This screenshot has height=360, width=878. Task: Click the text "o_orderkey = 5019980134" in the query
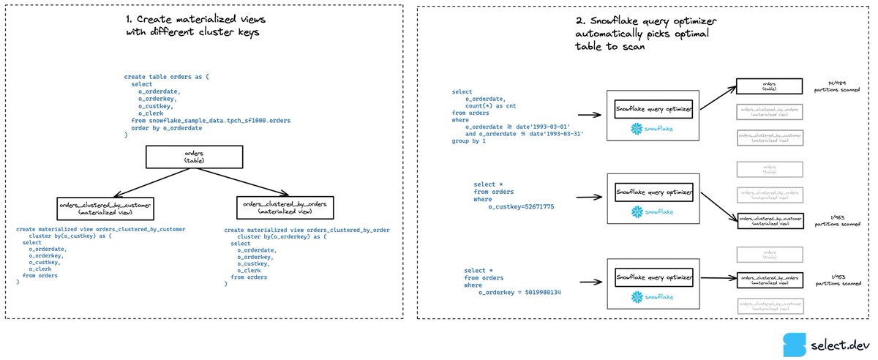click(x=519, y=293)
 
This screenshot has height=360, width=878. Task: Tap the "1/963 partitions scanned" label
click(x=835, y=220)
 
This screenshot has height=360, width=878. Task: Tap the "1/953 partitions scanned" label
click(x=835, y=281)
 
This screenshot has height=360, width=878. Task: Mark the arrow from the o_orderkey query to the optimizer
click(x=590, y=280)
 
